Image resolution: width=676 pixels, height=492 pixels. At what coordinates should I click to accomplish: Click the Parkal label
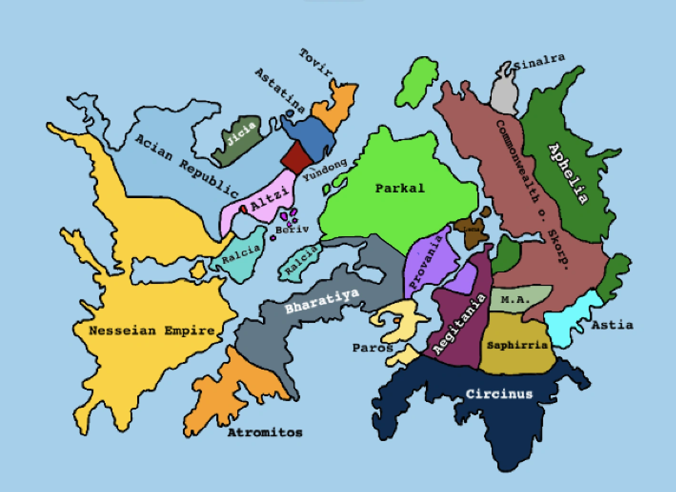[399, 188]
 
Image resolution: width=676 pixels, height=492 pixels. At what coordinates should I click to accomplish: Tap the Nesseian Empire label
[152, 331]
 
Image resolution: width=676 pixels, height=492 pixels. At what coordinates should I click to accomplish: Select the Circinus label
[499, 394]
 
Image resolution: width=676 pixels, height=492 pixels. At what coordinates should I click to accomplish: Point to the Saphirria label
[517, 345]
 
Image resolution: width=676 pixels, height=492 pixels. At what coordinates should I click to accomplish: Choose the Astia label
[612, 325]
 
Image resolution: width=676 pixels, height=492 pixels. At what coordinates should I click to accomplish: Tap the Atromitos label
[265, 432]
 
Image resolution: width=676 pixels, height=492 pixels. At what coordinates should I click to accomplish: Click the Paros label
[373, 348]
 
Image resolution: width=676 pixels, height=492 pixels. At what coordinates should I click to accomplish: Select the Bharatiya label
[322, 301]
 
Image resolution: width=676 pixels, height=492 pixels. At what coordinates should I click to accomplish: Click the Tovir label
[315, 62]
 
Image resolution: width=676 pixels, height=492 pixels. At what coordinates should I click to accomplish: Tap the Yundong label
[325, 171]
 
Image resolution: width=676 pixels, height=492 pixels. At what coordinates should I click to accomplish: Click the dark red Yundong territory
[296, 157]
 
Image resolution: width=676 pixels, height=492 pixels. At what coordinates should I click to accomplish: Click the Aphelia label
[568, 173]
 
